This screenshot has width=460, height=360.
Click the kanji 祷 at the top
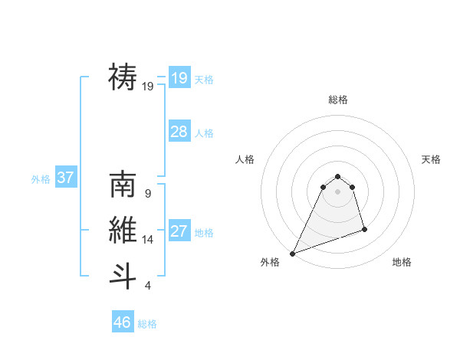(x=123, y=77)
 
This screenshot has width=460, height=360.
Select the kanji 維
(x=123, y=230)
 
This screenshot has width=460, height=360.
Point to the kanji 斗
(x=123, y=275)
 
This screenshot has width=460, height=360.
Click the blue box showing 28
(x=179, y=132)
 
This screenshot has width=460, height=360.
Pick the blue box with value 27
(x=179, y=231)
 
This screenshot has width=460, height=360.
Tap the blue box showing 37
(x=65, y=178)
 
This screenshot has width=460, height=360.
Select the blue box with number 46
(x=123, y=322)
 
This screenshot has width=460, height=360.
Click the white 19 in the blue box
(x=179, y=78)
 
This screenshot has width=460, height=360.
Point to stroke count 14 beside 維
(x=148, y=240)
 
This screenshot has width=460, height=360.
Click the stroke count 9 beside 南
(x=147, y=194)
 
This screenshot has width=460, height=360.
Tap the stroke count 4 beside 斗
(x=147, y=286)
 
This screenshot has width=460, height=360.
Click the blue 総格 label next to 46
(x=147, y=324)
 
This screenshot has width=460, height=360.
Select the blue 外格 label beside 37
(x=41, y=179)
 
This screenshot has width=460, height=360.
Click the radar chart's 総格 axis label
(x=338, y=100)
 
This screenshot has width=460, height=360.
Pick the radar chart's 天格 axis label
(x=431, y=159)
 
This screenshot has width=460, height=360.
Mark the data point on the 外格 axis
(x=292, y=254)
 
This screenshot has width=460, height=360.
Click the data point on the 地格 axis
(x=364, y=229)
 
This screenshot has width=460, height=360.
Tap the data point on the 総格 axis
(x=338, y=177)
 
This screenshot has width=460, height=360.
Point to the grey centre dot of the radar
(x=338, y=191)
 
